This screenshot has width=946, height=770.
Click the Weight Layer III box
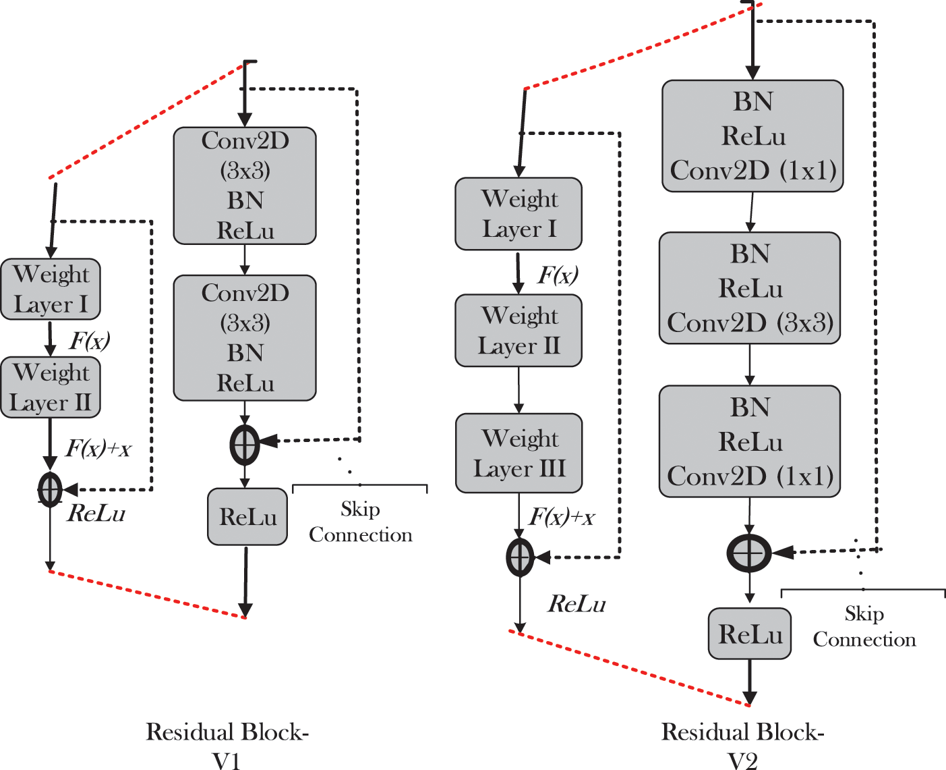click(x=519, y=453)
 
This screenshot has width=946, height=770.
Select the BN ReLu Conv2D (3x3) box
click(x=750, y=288)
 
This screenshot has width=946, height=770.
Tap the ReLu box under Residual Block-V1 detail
click(x=247, y=517)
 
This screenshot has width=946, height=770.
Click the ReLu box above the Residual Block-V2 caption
click(x=749, y=634)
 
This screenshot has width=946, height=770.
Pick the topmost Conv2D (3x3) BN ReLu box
click(x=245, y=186)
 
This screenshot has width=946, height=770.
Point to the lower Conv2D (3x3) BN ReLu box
click(x=245, y=337)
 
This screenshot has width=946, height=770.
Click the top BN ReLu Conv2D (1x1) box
click(x=752, y=136)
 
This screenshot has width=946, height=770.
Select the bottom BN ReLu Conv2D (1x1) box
click(x=750, y=441)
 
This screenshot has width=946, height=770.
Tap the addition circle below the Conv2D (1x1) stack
click(x=749, y=553)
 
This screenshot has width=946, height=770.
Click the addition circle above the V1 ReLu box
click(x=245, y=445)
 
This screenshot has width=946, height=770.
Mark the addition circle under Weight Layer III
click(x=520, y=557)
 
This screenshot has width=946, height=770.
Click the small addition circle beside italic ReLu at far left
click(x=50, y=489)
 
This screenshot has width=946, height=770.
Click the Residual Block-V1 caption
click(x=227, y=746)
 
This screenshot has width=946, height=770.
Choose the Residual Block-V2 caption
click(x=742, y=746)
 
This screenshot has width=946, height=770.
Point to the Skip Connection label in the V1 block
click(x=361, y=522)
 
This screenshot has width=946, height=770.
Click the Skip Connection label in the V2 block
click(x=864, y=626)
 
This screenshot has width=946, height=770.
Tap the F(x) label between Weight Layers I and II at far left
click(x=90, y=341)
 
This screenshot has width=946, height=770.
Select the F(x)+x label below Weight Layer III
click(x=562, y=517)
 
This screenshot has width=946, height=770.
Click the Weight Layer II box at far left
click(x=51, y=387)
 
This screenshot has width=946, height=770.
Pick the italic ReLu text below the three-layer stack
click(x=577, y=603)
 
